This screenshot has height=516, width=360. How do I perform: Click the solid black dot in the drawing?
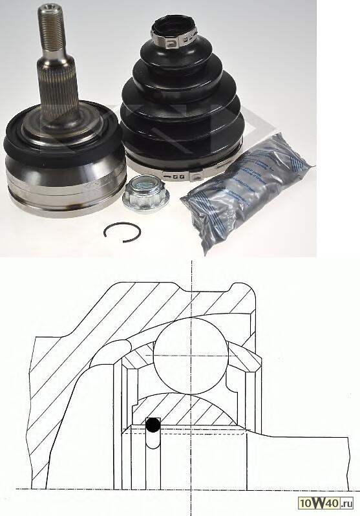(153, 425)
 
